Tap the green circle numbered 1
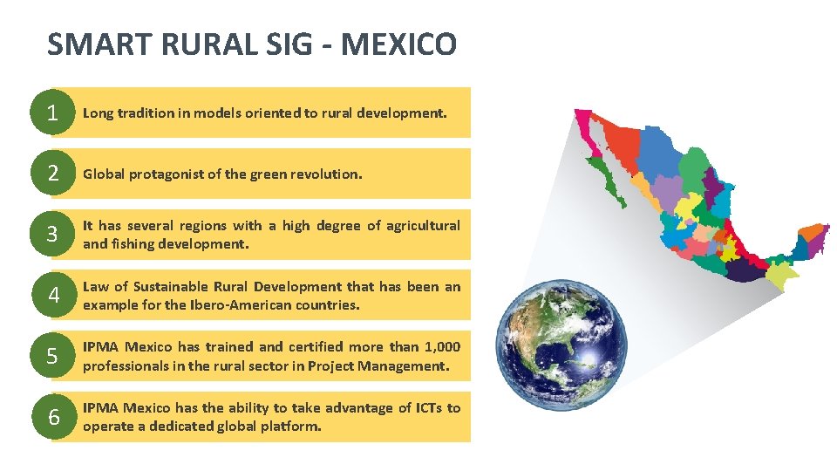53,113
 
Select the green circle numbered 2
53,174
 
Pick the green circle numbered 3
53,235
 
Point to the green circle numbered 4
53,296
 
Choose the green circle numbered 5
53,357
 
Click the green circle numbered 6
53,418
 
